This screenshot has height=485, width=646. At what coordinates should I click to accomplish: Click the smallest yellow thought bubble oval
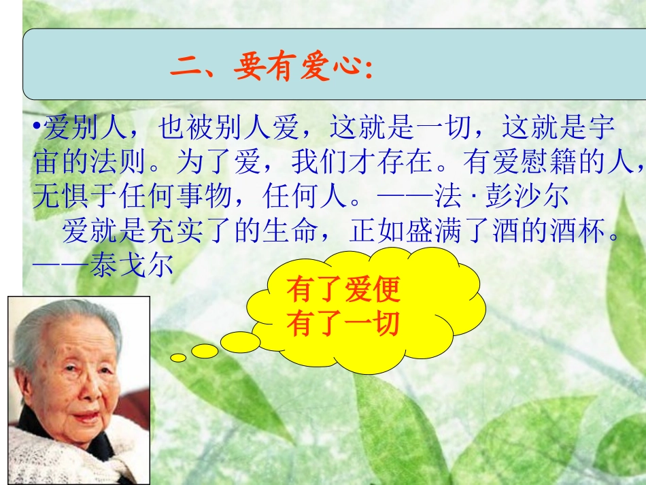click(178, 357)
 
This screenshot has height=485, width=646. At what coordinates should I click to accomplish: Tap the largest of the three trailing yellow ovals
click(240, 341)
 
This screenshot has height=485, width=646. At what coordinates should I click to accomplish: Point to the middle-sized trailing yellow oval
click(205, 351)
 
